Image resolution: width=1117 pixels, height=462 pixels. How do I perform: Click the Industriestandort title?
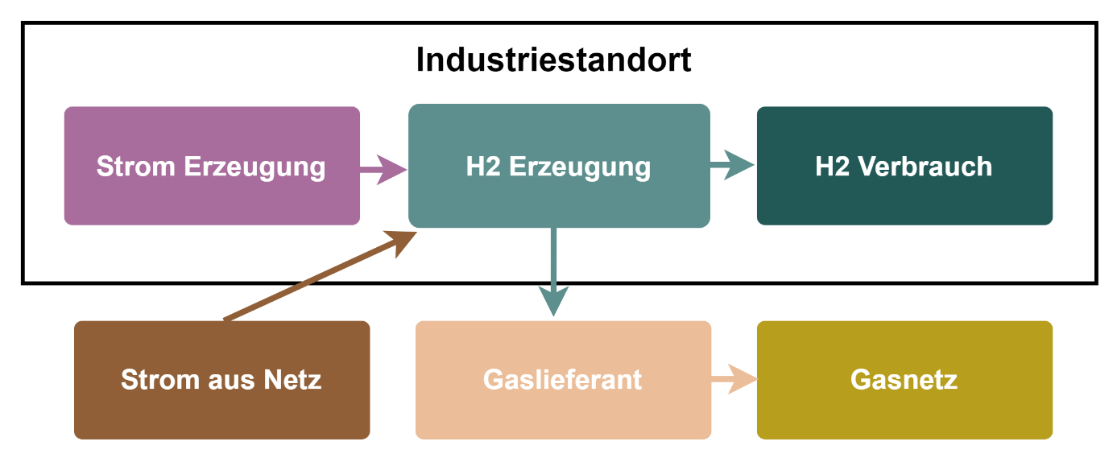point(553,60)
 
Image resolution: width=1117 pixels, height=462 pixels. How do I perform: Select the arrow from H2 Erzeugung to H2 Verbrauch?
point(731,166)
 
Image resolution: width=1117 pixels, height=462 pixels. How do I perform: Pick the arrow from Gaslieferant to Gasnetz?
point(734,379)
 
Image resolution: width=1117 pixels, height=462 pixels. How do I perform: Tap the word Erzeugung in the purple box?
point(254,167)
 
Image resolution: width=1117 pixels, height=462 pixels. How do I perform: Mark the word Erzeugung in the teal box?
point(580,167)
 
